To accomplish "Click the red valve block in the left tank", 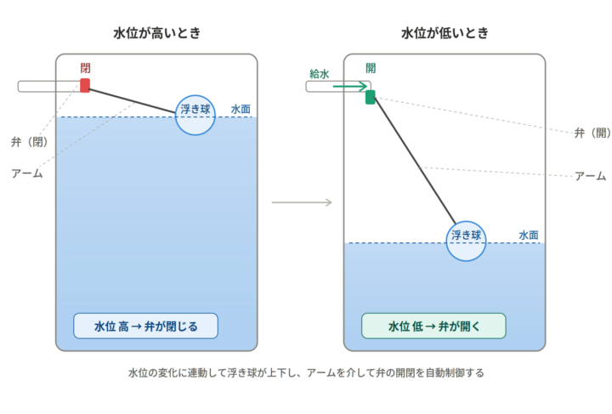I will point(85,85).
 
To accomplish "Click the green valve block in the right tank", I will point(370,96).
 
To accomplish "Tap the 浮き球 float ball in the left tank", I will point(195,114).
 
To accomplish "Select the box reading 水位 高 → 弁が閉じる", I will point(145,326).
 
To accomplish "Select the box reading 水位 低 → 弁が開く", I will point(433,326).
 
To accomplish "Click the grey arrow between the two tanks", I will point(301,202).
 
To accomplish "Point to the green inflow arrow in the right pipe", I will point(348,86).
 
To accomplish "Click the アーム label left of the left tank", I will point(26,173).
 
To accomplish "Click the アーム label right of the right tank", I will point(590,176).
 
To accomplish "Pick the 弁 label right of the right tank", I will point(591,133).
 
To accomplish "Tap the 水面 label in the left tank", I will point(241,109).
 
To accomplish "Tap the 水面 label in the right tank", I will point(529,235).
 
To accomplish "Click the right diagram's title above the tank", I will point(445,33).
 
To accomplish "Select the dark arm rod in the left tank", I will point(136,100).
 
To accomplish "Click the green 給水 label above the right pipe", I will point(320,73).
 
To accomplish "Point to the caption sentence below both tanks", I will point(306,373).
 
